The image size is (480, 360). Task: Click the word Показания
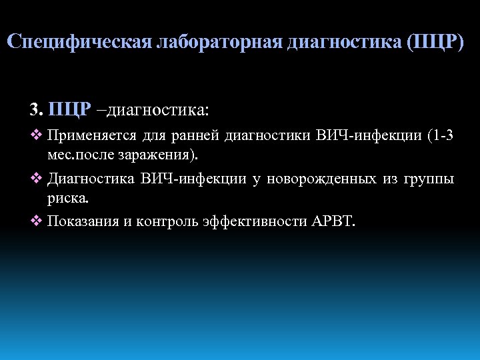[83, 221]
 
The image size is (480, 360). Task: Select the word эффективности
[255, 221]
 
